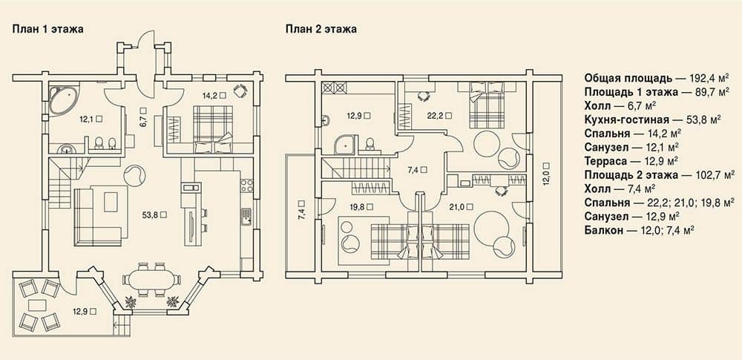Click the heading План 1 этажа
tap(47, 30)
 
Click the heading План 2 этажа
tap(321, 30)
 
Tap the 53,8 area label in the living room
tap(150, 215)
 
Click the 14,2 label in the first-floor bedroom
tap(210, 95)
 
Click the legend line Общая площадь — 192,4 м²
tap(657, 79)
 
